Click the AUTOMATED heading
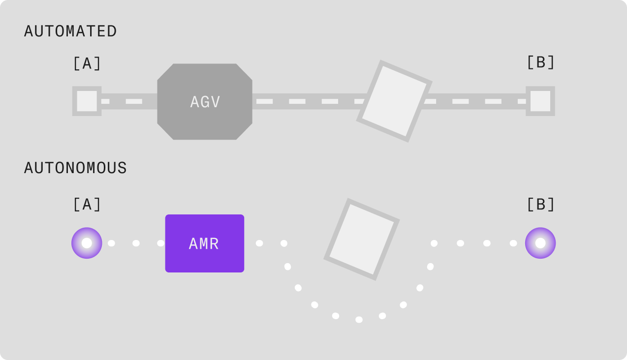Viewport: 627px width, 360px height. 70,31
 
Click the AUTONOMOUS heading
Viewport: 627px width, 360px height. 75,168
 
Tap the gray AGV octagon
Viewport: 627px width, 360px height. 205,101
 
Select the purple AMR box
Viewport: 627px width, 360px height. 205,243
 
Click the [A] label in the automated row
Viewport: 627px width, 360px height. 87,63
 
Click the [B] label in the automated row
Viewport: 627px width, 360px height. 540,62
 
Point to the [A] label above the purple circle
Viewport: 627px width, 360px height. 87,205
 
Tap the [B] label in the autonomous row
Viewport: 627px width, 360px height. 540,205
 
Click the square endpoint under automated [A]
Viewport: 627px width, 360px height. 87,101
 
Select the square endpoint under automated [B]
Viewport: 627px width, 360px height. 540,101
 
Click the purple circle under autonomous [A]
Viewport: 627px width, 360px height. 87,243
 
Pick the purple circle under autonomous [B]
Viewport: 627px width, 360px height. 540,243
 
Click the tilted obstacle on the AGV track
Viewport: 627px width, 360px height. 394,101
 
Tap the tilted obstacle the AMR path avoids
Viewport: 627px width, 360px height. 362,240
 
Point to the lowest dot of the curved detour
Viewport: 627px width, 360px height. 359,320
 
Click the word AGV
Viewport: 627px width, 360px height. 205,102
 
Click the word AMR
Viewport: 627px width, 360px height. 204,243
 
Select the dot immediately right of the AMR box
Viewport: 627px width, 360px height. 259,243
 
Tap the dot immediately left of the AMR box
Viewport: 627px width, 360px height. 160,243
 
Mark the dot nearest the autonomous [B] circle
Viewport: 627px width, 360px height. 513,243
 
